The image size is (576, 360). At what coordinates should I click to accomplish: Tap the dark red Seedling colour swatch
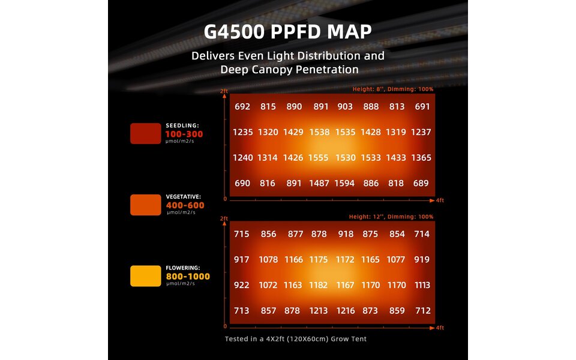145,133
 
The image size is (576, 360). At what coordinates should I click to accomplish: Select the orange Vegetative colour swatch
145,205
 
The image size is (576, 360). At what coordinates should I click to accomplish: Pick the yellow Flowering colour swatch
145,276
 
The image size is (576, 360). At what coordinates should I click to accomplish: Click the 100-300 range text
184,134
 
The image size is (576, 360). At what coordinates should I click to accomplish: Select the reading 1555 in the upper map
319,157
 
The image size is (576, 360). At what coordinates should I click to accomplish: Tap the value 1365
422,157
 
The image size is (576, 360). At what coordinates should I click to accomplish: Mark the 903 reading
346,106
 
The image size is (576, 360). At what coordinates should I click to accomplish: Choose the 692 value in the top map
242,106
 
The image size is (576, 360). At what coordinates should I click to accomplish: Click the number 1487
319,183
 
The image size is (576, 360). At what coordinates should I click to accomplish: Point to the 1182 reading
319,285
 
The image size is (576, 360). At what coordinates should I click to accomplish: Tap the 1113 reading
422,285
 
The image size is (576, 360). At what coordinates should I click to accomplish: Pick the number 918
346,234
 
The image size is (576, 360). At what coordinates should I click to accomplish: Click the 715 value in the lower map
242,234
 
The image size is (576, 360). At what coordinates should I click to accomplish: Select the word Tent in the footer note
358,339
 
